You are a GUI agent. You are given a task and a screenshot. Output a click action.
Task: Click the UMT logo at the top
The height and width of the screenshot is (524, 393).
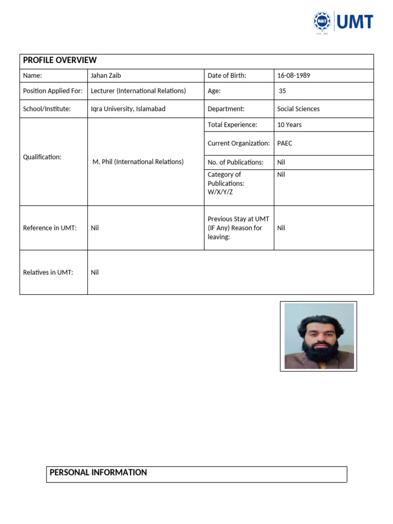click(x=343, y=22)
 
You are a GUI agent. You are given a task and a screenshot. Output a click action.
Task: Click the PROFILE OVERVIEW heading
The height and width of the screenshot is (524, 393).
click(x=60, y=60)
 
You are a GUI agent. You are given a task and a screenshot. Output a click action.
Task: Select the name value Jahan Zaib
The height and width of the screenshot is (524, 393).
click(x=106, y=76)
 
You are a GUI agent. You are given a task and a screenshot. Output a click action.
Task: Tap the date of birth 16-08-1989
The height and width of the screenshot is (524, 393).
click(x=294, y=76)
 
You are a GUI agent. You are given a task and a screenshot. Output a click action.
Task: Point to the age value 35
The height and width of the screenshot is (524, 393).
click(x=282, y=91)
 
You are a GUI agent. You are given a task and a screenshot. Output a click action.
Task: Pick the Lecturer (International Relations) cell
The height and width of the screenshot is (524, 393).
click(x=138, y=91)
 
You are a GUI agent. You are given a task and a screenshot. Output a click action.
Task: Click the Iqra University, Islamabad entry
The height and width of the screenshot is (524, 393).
click(x=128, y=109)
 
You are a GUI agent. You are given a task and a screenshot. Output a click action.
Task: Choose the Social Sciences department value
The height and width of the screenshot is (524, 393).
click(x=298, y=109)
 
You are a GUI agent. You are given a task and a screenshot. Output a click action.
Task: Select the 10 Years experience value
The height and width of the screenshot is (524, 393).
click(x=290, y=125)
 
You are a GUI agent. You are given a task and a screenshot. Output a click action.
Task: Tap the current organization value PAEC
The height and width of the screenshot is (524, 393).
click(x=285, y=143)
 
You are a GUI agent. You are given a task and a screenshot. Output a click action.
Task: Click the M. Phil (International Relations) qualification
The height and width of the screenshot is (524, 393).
click(x=138, y=162)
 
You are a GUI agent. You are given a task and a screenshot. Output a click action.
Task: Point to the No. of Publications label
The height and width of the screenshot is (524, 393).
click(x=235, y=162)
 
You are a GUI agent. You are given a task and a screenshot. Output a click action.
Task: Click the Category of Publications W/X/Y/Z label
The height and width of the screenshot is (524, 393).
click(x=226, y=183)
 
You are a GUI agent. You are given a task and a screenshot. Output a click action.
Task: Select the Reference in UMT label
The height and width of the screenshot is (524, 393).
click(x=50, y=228)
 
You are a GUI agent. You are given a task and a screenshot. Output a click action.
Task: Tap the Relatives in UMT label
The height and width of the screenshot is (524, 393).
click(x=48, y=272)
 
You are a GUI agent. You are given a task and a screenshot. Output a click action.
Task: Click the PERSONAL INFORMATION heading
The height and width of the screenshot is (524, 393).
click(x=98, y=473)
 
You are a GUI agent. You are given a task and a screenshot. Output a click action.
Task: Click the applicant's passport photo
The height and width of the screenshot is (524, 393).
click(x=319, y=336)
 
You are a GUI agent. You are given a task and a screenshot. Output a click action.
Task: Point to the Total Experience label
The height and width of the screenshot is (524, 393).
click(x=232, y=125)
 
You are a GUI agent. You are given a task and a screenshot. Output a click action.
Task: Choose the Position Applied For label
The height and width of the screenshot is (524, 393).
click(x=53, y=91)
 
